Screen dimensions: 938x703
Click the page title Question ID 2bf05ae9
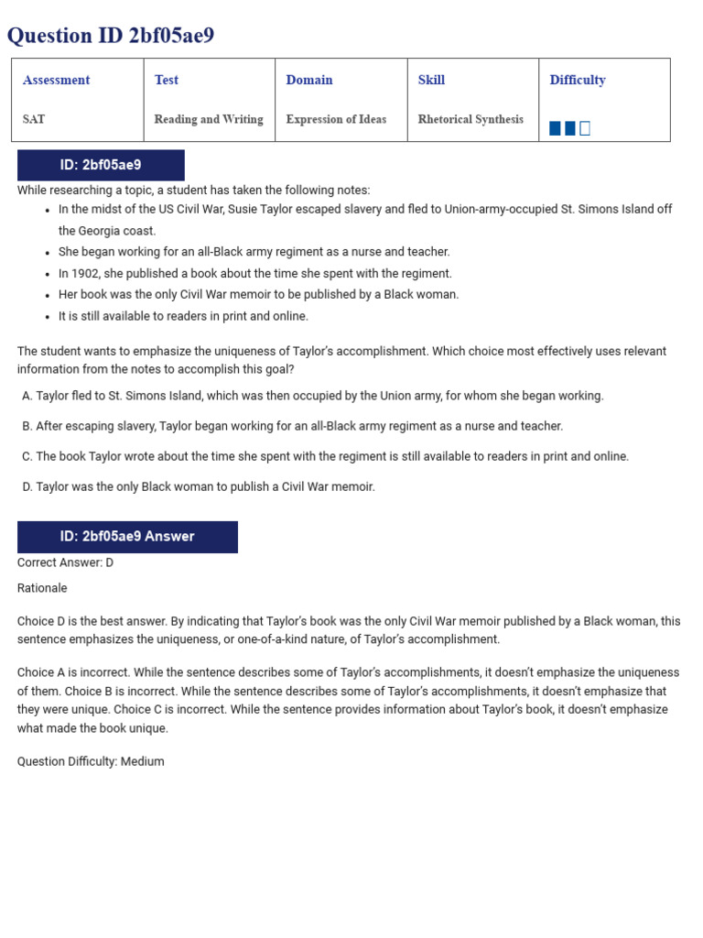click(x=110, y=36)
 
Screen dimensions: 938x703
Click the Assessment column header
click(x=56, y=80)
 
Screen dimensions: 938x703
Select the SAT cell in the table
click(x=34, y=119)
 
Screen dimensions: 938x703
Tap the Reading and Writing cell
click(x=208, y=119)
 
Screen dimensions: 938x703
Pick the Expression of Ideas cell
click(x=336, y=119)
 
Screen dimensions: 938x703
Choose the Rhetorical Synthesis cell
click(x=470, y=119)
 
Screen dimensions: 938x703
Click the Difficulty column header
click(x=577, y=80)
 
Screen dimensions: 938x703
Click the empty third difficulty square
click(x=585, y=128)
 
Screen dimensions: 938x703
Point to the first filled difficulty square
click(x=555, y=128)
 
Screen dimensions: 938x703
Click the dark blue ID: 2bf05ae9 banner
click(x=101, y=166)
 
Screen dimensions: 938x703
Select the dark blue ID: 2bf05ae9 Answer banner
click(x=127, y=537)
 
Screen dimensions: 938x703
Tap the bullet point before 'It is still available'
click(x=48, y=317)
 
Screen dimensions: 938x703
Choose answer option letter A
click(x=27, y=396)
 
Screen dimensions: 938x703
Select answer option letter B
click(x=27, y=426)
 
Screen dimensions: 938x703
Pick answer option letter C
click(x=27, y=456)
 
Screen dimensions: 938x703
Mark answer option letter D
click(x=27, y=486)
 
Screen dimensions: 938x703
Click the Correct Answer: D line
click(x=65, y=562)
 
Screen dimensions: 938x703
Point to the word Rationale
click(x=42, y=588)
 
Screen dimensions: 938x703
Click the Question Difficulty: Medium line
click(x=91, y=761)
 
